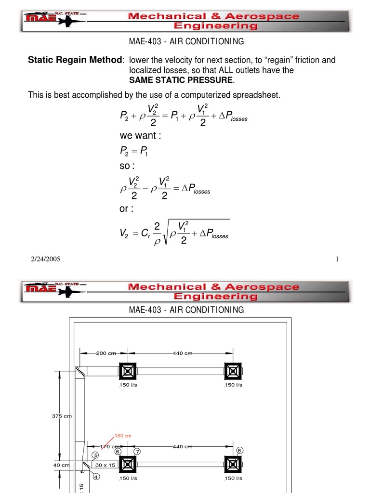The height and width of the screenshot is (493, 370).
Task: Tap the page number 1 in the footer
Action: click(337, 259)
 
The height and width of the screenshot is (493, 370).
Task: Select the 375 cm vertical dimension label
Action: click(62, 416)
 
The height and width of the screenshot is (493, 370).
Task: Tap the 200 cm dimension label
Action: click(106, 353)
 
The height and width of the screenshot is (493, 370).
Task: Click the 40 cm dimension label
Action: click(61, 465)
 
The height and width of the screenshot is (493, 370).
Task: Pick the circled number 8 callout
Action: click(239, 450)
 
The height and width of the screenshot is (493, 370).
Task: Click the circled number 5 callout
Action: click(95, 455)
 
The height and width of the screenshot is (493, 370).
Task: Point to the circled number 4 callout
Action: click(96, 477)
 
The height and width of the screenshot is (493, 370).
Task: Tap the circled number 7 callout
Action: click(137, 452)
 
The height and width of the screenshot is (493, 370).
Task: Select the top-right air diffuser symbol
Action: click(233, 371)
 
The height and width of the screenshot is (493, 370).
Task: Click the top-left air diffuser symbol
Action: click(128, 371)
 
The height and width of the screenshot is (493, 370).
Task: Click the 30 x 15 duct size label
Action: click(105, 465)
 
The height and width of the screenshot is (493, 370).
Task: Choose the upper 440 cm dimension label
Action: click(183, 353)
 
